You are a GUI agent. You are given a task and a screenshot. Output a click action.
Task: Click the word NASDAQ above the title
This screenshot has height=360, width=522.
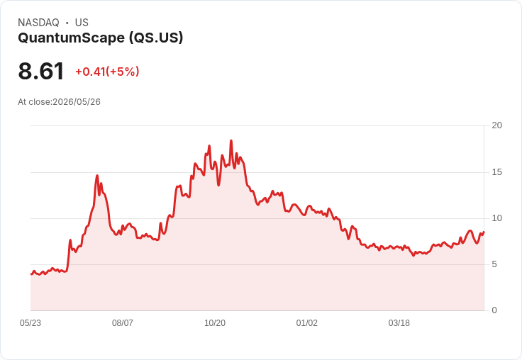[x=38, y=23]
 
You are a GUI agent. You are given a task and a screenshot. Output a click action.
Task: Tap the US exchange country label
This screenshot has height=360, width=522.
[x=82, y=23]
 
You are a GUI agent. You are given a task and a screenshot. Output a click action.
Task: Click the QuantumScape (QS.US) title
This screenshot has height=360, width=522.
[x=101, y=38]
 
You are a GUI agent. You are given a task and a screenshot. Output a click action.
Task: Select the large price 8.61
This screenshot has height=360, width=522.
[x=41, y=71]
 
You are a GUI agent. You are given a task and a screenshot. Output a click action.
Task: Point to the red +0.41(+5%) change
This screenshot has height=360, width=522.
[x=107, y=72]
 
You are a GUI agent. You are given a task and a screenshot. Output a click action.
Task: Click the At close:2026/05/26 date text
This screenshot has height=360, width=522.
[x=60, y=102]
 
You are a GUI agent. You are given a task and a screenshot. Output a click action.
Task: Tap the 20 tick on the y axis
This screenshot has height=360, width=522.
[x=497, y=125]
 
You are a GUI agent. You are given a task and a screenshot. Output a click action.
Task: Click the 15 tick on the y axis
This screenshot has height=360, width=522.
[x=497, y=172]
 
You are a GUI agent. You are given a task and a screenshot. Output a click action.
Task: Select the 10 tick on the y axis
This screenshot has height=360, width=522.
[x=497, y=218]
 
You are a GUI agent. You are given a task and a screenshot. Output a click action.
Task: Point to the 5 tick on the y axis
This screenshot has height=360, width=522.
[x=494, y=264]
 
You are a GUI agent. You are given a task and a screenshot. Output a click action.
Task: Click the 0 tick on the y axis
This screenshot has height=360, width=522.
[x=494, y=310]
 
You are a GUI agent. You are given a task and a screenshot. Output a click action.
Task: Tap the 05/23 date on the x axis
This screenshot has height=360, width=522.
[x=30, y=323]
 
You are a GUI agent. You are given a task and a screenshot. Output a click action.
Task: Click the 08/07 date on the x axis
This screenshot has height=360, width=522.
[x=123, y=323]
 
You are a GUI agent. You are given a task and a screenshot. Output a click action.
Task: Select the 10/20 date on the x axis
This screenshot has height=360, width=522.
[x=215, y=323]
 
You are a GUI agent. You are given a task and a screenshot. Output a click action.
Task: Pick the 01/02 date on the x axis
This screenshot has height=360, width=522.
[x=307, y=323]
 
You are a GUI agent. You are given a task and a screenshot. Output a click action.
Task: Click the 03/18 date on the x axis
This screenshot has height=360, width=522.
[x=399, y=323]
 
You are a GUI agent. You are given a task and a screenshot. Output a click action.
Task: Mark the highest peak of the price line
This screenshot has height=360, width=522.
[x=231, y=141]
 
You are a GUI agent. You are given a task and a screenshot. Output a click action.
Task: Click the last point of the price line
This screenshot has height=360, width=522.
[x=484, y=232]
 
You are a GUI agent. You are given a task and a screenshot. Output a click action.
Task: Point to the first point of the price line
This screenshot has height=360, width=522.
[x=31, y=274]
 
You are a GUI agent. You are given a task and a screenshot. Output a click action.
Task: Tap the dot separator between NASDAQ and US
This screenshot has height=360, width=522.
[x=67, y=23]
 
